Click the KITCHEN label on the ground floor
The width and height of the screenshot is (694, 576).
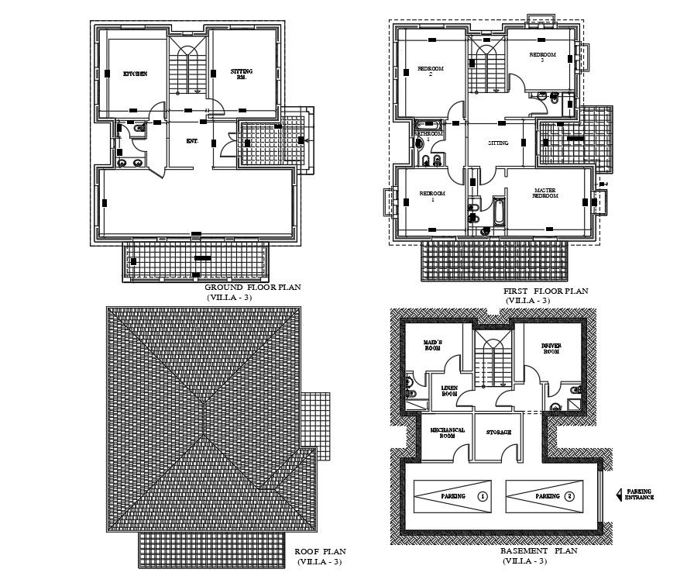(x=135, y=74)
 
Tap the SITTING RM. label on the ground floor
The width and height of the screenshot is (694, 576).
(x=242, y=74)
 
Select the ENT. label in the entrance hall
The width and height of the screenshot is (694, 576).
(x=192, y=141)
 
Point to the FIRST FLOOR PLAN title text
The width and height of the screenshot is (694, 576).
(x=546, y=291)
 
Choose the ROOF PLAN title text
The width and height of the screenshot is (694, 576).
(x=314, y=552)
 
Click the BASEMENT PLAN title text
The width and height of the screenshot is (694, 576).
(x=538, y=551)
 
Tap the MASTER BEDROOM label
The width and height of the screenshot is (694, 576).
(x=546, y=193)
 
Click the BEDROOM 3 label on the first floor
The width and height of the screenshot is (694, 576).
(x=542, y=57)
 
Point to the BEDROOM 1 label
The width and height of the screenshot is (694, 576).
(x=431, y=195)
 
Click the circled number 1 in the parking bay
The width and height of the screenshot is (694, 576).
(x=483, y=495)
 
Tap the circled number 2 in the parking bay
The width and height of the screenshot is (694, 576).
(x=570, y=495)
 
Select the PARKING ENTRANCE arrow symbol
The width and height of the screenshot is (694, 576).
(x=618, y=494)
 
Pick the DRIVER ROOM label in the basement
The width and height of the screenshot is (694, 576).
(x=550, y=349)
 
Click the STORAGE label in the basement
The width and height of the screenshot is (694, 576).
(x=498, y=432)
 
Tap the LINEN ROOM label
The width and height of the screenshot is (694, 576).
(x=450, y=391)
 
